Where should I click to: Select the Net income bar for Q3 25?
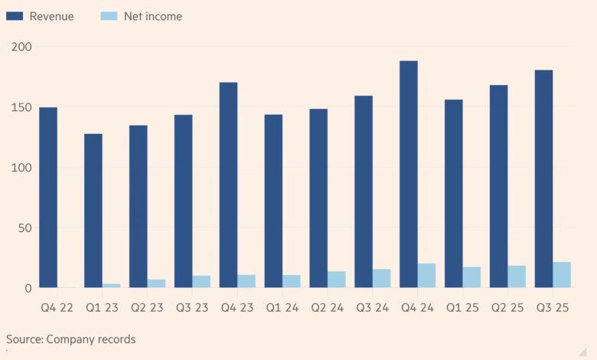point(562,275)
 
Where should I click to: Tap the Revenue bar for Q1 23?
point(93,211)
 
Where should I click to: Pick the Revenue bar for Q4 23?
point(228,185)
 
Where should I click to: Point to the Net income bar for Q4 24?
point(426,276)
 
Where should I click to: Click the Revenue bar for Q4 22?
point(48,198)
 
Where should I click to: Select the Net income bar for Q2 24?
point(337,280)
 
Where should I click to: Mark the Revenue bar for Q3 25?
point(543,179)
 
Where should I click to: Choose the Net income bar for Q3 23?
point(201,282)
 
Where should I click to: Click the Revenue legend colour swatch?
point(16,16)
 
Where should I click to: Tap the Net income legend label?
point(153,16)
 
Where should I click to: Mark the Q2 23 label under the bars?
point(147,307)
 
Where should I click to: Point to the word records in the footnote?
point(115,339)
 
